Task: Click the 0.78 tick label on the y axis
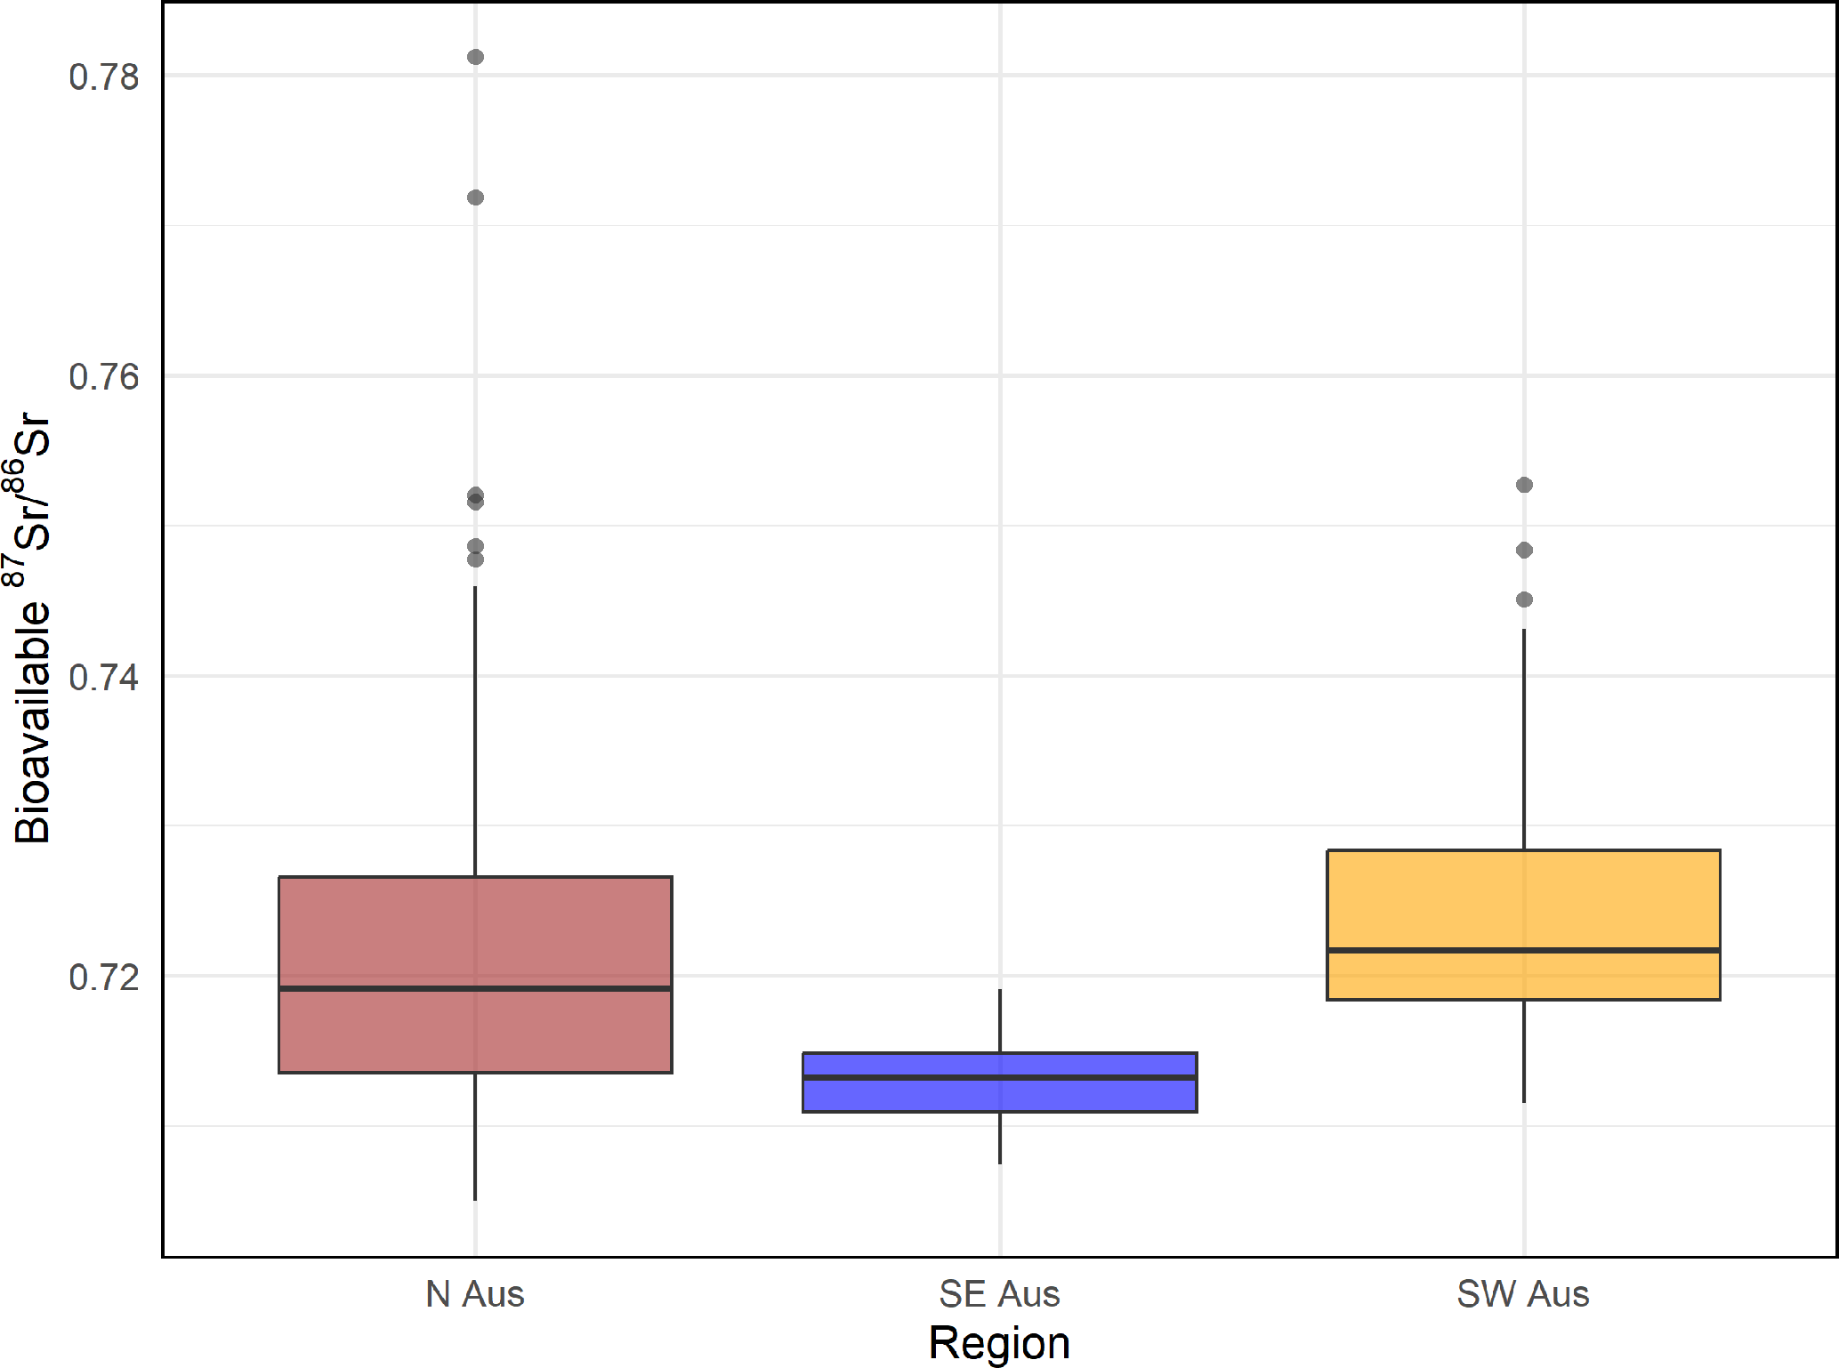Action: click(104, 77)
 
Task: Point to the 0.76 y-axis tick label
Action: click(104, 377)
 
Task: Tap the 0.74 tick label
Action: click(104, 678)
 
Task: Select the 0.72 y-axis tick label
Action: click(104, 978)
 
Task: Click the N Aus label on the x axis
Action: click(475, 1294)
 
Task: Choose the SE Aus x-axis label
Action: click(999, 1294)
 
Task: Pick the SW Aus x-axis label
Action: click(1522, 1294)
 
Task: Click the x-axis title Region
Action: click(999, 1343)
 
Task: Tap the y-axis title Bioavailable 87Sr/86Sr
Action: click(31, 627)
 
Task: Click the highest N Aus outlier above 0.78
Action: click(475, 57)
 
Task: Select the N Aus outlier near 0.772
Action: click(475, 197)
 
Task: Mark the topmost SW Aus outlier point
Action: click(1524, 485)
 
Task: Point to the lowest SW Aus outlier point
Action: click(1524, 600)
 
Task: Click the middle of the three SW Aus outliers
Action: click(1524, 551)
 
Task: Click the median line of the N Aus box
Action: click(475, 988)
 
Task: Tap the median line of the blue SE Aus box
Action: click(999, 1077)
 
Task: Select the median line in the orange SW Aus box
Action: click(1523, 951)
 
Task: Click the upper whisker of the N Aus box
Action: click(475, 729)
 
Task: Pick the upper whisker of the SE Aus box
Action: click(1000, 1020)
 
